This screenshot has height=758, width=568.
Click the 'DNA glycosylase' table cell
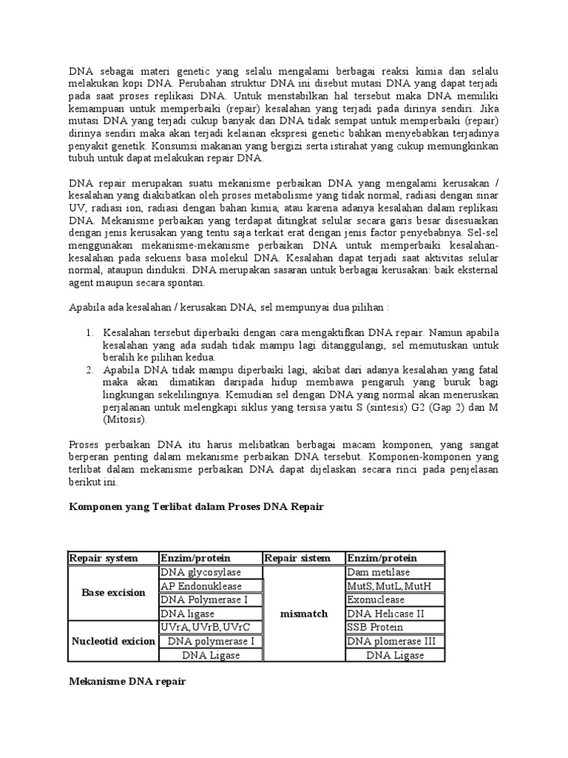(x=210, y=572)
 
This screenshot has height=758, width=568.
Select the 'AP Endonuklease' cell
(x=210, y=586)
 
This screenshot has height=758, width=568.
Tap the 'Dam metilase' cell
(x=395, y=572)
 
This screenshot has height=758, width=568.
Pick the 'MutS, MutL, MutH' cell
(x=395, y=586)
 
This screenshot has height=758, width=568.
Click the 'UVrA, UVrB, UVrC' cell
(x=210, y=628)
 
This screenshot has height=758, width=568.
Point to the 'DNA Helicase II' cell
(x=395, y=614)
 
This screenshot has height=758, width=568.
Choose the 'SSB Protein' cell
(x=395, y=628)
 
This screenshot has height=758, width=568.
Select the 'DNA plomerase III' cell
(x=395, y=641)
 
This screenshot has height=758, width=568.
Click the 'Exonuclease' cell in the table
(x=395, y=600)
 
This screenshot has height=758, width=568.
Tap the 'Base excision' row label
(x=113, y=593)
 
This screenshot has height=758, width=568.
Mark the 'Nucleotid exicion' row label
(x=113, y=641)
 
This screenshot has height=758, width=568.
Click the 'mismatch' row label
(x=304, y=614)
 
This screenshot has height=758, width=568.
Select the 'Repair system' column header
(x=113, y=558)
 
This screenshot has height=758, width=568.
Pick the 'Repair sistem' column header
(x=304, y=558)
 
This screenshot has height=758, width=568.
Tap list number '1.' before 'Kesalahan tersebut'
(x=89, y=332)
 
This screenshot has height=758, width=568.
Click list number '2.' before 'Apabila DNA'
(x=89, y=369)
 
